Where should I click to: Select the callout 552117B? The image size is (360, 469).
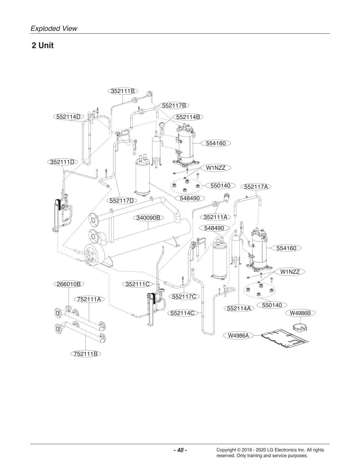174,105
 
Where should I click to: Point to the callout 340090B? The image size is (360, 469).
148,218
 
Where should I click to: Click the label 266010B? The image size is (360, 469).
69,284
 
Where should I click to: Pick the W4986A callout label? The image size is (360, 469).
238,335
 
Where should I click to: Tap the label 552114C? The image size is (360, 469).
183,313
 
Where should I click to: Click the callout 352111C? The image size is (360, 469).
137,284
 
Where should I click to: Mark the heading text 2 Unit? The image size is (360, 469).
43,46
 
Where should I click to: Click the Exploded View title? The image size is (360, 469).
54,28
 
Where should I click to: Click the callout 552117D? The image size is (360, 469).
122,201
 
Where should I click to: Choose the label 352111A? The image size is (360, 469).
216,217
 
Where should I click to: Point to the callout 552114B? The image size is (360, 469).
188,117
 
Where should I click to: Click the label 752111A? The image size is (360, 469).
89,299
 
